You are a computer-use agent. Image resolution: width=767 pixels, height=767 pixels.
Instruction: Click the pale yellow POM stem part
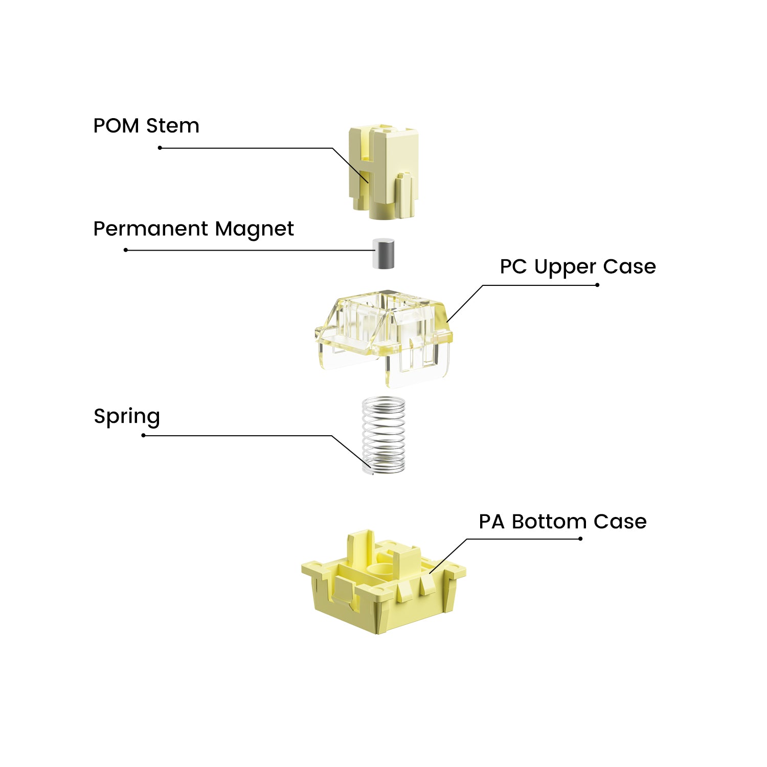pos(385,171)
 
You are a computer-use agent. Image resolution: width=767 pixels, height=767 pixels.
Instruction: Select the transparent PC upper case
pos(383,332)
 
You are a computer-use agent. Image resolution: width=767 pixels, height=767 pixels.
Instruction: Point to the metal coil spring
pos(383,435)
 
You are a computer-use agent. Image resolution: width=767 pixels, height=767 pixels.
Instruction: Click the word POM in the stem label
pos(116,126)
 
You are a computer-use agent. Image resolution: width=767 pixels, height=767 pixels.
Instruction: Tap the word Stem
pos(172,126)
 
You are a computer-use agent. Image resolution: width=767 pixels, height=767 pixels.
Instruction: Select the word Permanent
pos(151,229)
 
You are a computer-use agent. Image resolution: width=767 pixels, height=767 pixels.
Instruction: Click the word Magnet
pos(254,230)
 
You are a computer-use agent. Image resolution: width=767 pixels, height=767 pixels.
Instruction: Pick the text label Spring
pos(127,417)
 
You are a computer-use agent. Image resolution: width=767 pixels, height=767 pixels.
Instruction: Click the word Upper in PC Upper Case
pos(565,267)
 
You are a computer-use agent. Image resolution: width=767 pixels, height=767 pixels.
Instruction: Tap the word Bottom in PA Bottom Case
pos(549,522)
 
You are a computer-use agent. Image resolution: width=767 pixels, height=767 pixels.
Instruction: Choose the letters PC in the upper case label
pos(513,266)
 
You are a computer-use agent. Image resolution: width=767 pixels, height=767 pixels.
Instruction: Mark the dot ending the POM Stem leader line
pos(160,148)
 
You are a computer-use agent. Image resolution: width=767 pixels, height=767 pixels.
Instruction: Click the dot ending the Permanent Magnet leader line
pos(126,250)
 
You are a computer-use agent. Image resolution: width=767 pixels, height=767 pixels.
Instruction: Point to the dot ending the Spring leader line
pos(144,435)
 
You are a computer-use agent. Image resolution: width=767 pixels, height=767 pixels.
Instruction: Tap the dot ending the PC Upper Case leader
pos(597,285)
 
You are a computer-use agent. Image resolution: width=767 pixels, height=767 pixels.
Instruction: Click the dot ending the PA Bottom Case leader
pos(580,538)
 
